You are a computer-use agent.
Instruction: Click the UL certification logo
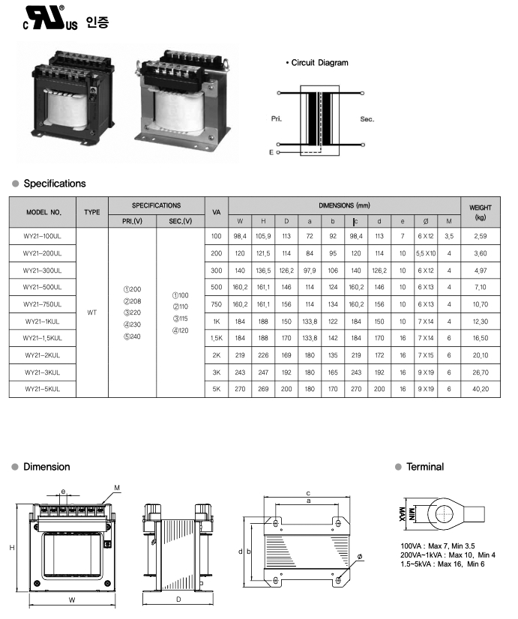click(x=50, y=18)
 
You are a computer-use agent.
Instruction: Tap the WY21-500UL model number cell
click(x=43, y=288)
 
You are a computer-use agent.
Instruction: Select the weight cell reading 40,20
click(x=480, y=389)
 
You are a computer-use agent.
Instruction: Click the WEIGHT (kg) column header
click(x=480, y=212)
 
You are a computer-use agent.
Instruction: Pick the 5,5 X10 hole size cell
click(x=426, y=253)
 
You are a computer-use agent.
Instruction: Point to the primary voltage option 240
click(x=132, y=336)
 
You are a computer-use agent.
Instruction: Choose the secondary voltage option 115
click(x=181, y=318)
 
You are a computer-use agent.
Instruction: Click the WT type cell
click(x=91, y=312)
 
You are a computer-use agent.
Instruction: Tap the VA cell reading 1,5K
click(x=217, y=338)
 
